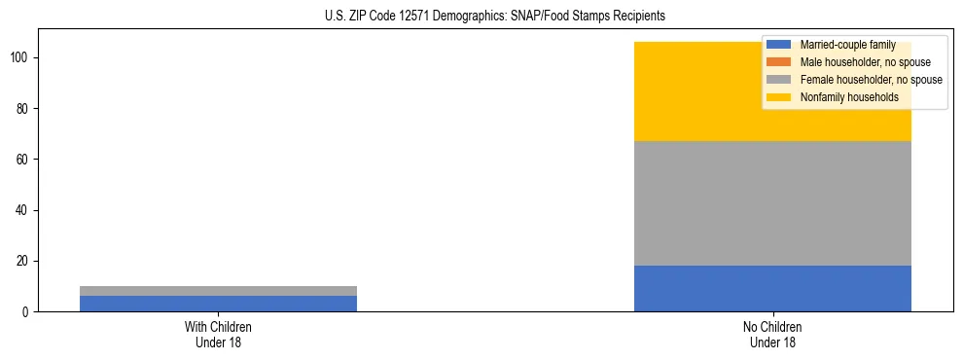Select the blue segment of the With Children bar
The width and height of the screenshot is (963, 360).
(218, 304)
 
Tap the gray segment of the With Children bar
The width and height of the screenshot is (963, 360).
(218, 291)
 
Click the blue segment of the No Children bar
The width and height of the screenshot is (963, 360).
(772, 288)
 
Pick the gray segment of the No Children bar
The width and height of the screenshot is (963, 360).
(772, 203)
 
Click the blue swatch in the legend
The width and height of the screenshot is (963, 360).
(779, 45)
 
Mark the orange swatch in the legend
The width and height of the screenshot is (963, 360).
(779, 62)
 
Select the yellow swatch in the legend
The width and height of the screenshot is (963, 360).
(779, 97)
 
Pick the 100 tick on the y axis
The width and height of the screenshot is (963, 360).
(21, 58)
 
